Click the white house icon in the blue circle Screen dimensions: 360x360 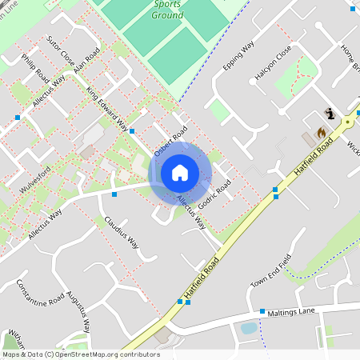180,173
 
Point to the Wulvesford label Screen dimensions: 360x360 35,180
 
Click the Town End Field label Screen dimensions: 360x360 268,273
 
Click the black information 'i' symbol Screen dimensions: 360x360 329,114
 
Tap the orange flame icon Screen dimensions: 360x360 321,132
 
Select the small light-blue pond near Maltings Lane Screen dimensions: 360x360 249,327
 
